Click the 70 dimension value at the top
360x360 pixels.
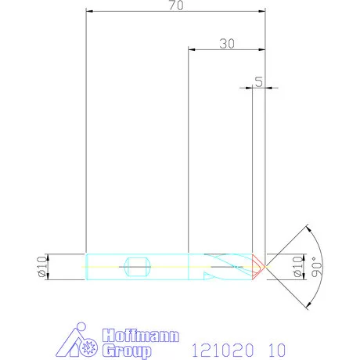coord(175,6)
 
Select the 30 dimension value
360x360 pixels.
coord(227,44)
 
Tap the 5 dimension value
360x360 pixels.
coord(258,81)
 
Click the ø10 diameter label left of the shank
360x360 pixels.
coord(41,266)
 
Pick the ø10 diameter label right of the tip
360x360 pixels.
coord(297,266)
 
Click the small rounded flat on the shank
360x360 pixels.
coord(138,266)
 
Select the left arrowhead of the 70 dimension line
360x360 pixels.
coord(88,12)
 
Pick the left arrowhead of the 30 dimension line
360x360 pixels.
coord(193,49)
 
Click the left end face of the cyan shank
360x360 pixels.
coord(85,266)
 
